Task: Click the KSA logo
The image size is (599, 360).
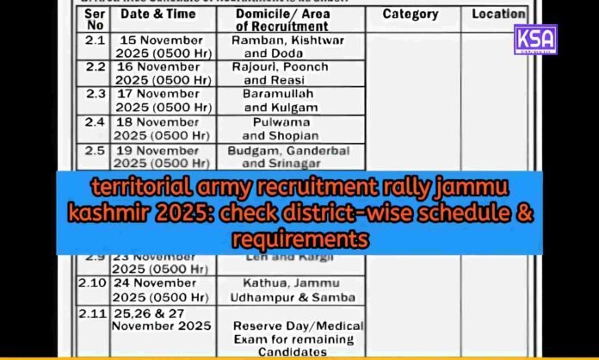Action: coord(534,40)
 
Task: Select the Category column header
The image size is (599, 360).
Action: coord(410,15)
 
